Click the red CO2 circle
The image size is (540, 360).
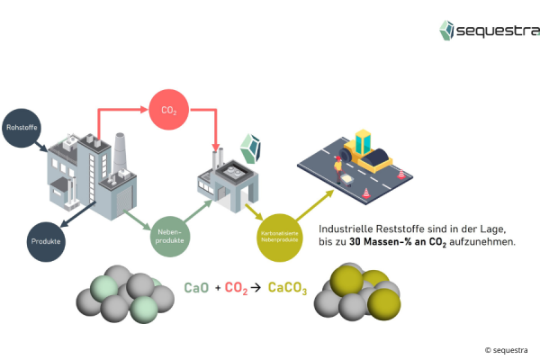tap(168, 110)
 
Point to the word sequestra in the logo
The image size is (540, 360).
tap(498, 32)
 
